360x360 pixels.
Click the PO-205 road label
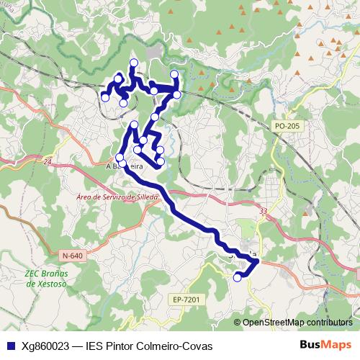pyautogui.click(x=287, y=126)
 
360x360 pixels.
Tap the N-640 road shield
pyautogui.click(x=72, y=255)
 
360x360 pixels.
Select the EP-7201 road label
pyautogui.click(x=185, y=299)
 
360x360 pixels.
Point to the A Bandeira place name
pyautogui.click(x=124, y=166)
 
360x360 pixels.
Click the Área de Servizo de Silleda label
pyautogui.click(x=117, y=197)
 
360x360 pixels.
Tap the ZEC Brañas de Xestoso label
pyautogui.click(x=46, y=279)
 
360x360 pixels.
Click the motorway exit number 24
pyautogui.click(x=48, y=163)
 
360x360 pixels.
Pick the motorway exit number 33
pyautogui.click(x=264, y=211)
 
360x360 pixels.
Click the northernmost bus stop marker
pyautogui.click(x=133, y=63)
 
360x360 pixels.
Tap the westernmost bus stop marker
pyautogui.click(x=105, y=97)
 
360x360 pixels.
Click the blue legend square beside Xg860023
pyautogui.click(x=11, y=345)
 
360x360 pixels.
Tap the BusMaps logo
pyautogui.click(x=326, y=344)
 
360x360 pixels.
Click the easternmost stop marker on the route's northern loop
pyautogui.click(x=177, y=94)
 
